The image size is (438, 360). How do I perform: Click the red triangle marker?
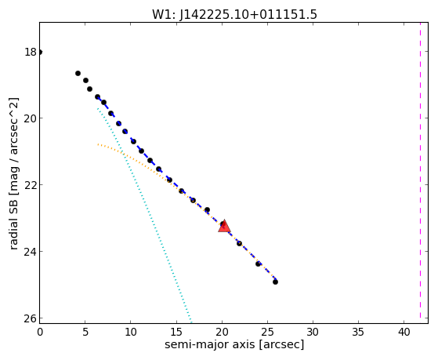(224, 227)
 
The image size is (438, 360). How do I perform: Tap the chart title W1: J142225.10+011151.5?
(234, 15)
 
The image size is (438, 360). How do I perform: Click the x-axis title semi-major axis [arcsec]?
(234, 344)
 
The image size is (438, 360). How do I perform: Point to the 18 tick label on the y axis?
(31, 52)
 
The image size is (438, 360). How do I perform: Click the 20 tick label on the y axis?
(31, 118)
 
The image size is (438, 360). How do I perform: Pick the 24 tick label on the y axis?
(31, 252)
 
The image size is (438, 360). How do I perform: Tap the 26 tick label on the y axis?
(31, 318)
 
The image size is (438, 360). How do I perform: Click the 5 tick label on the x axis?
(85, 332)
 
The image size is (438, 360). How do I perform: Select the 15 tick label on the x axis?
(176, 332)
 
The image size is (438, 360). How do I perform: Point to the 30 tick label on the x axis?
(313, 332)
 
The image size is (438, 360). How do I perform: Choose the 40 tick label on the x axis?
(404, 332)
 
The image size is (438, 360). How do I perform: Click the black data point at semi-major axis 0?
(40, 52)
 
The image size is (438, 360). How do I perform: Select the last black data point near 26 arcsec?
(275, 282)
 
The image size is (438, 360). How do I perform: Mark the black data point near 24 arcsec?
(258, 264)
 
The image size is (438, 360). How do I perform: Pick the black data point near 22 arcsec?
(239, 243)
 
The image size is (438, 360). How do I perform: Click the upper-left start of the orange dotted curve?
(98, 144)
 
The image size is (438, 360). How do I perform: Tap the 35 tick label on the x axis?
(358, 332)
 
